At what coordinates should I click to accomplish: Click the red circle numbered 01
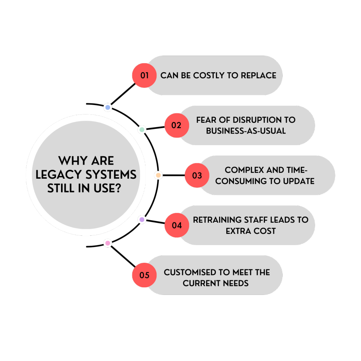click(x=144, y=75)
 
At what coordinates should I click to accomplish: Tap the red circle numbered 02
click(x=177, y=125)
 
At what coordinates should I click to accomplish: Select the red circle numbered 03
click(x=197, y=175)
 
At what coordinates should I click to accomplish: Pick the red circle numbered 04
click(x=177, y=225)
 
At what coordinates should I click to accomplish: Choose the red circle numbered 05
click(x=144, y=275)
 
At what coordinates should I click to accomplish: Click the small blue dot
click(x=108, y=108)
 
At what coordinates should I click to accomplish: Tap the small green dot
click(x=142, y=130)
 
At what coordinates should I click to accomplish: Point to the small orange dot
click(x=158, y=175)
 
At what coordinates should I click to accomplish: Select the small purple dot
click(x=142, y=219)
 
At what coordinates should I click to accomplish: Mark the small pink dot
click(x=108, y=243)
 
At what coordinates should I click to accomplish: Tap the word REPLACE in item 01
click(x=258, y=75)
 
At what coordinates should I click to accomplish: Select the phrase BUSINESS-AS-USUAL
click(x=246, y=131)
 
